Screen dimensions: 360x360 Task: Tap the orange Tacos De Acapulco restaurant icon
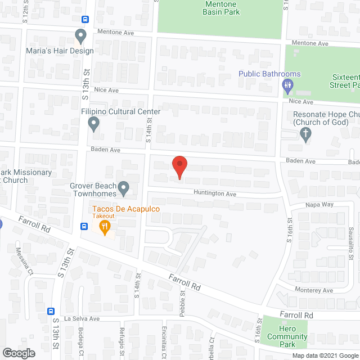[x=104, y=227]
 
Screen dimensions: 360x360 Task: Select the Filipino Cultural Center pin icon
[x=94, y=123]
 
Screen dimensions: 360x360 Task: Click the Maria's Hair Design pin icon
[x=80, y=37]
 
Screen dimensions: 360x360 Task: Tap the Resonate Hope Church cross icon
[x=305, y=134]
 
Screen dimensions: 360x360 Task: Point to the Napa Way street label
[x=319, y=205]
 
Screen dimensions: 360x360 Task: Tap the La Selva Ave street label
[x=81, y=318]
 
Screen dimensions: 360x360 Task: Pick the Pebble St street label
[x=182, y=304]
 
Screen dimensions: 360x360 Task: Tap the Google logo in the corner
[x=18, y=353]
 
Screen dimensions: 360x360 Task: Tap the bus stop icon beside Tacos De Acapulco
[x=84, y=227]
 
